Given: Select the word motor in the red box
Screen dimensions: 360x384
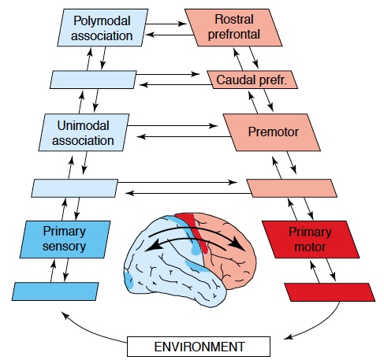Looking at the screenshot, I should pos(310,247).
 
